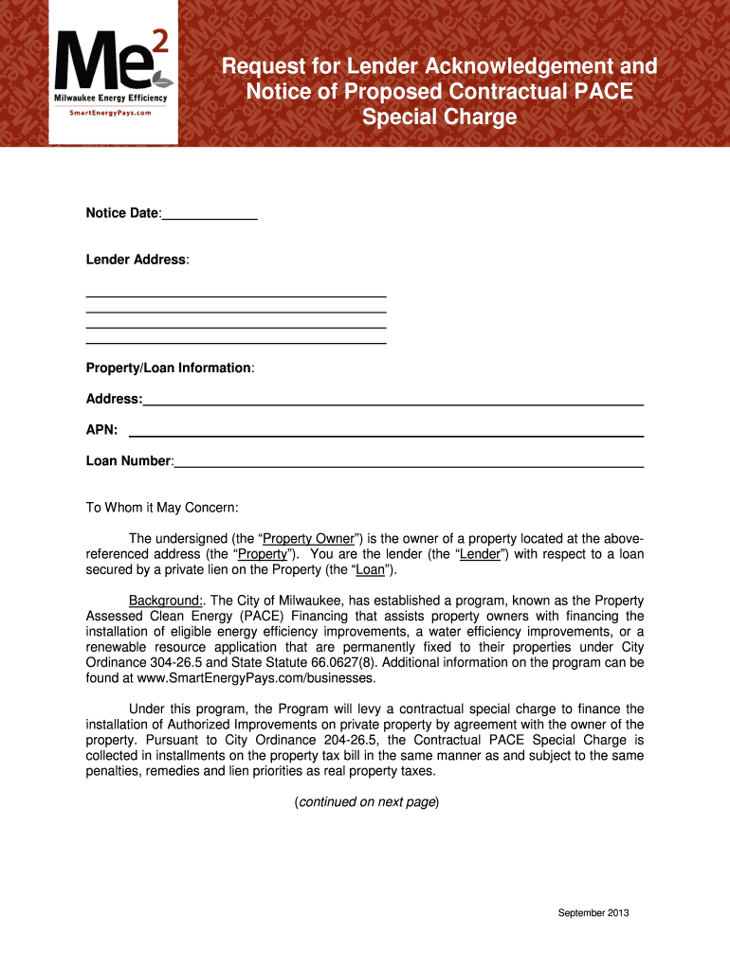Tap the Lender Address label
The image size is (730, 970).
tap(137, 260)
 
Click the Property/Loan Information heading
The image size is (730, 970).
tap(169, 368)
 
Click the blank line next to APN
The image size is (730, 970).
tap(386, 431)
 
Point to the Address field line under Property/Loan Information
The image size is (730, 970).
tap(392, 401)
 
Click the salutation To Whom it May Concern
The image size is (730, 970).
tap(162, 508)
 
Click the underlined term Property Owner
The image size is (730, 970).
tap(308, 538)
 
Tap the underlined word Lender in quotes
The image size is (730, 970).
tap(480, 554)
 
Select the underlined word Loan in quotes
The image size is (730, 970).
tap(370, 570)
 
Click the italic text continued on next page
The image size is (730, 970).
tap(366, 802)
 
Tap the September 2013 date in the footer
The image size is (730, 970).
tap(593, 913)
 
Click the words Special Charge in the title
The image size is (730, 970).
tap(439, 117)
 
